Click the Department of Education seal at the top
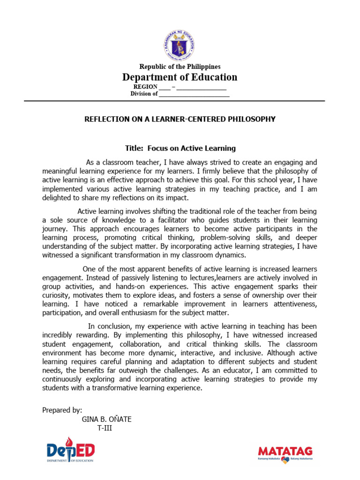click(180, 45)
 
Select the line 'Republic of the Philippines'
click(180, 67)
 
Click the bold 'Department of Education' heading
click(180, 77)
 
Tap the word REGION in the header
click(145, 87)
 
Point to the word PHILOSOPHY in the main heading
click(253, 119)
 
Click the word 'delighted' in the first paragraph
click(57, 198)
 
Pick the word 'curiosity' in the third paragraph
click(56, 295)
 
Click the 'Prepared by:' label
click(62, 410)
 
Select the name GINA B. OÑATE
click(106, 419)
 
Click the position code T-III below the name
click(105, 428)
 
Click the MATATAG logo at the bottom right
click(285, 453)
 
